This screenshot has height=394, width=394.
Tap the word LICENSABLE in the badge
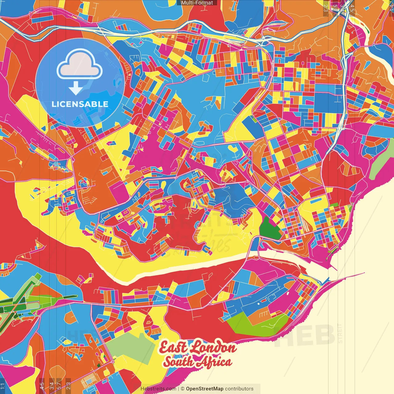(x=80, y=104)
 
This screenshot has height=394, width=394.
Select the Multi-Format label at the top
(x=197, y=3)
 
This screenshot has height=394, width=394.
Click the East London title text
(x=198, y=348)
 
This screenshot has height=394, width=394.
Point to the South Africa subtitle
(x=197, y=362)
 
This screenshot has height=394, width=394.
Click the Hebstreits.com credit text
(x=158, y=389)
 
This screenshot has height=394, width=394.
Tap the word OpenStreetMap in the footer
(x=204, y=389)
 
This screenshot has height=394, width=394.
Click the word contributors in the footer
(x=239, y=389)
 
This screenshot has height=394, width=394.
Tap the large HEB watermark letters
(x=305, y=336)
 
